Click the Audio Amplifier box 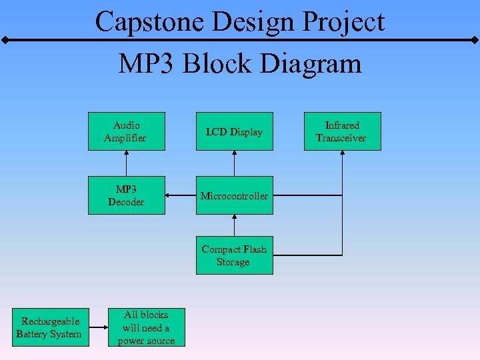pos(126,131)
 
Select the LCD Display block pos(234,131)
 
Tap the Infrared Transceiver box pos(342,131)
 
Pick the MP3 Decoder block pos(126,195)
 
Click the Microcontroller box pos(234,195)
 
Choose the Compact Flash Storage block pos(234,255)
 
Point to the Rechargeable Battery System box pos(49,327)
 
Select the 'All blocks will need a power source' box pos(146,327)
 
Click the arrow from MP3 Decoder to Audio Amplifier pos(126,163)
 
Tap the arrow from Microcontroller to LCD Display pos(234,163)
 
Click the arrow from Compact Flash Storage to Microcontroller pos(234,225)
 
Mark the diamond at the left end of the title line pos(5,41)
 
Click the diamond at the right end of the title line pos(475,41)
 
